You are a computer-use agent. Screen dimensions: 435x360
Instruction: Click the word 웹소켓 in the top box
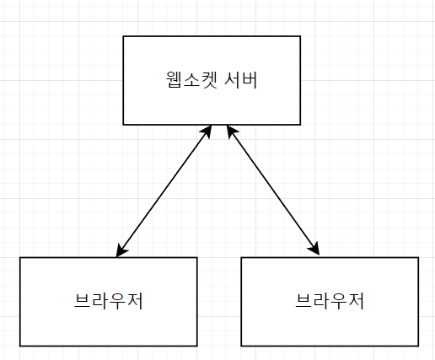coord(191,80)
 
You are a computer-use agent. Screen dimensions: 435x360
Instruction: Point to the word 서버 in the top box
coord(241,80)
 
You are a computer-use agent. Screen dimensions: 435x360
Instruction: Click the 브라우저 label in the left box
coord(109,301)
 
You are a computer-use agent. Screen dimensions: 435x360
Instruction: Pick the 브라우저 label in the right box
coord(330,301)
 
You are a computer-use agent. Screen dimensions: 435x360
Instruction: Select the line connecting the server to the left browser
coord(164,191)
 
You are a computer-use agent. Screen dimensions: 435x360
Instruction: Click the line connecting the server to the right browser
coord(273,191)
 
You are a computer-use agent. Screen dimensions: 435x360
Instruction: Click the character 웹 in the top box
coord(175,80)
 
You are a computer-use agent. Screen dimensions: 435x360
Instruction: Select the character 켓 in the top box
coord(209,80)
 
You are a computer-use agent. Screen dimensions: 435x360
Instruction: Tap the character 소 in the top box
coord(191,80)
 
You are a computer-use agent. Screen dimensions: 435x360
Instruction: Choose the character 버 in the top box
coord(250,80)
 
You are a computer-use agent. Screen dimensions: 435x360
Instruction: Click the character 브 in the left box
coord(82,301)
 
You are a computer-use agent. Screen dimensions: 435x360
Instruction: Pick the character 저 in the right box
coord(357,301)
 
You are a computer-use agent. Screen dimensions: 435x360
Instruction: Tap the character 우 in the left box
coord(117,301)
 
